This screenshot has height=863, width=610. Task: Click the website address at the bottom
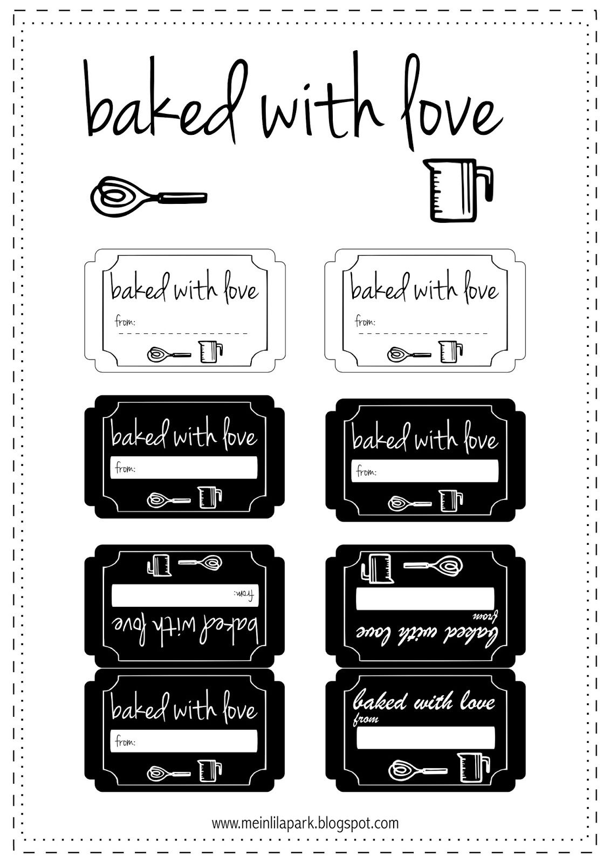pyautogui.click(x=305, y=823)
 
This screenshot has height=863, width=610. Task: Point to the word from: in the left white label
pyautogui.click(x=125, y=321)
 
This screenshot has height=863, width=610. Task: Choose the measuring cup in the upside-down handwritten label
pyautogui.click(x=159, y=564)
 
